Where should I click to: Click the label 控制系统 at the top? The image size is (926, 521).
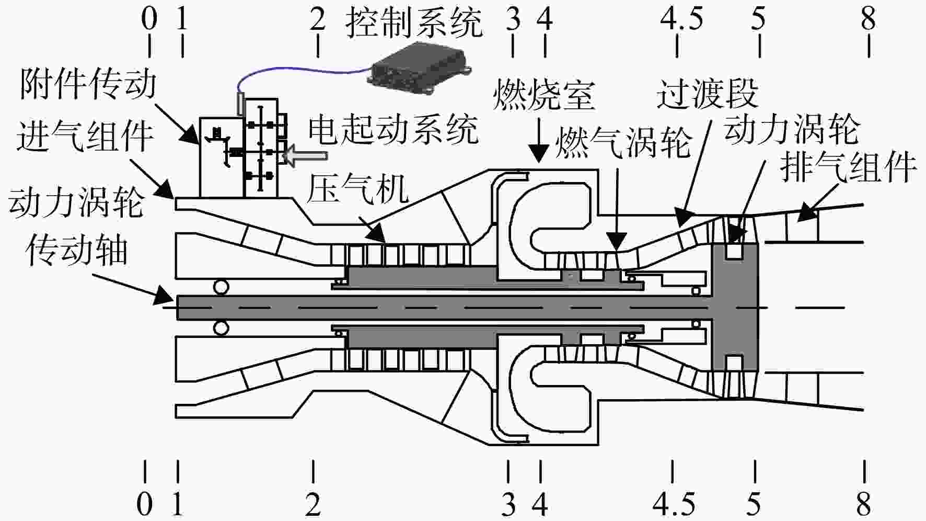(414, 23)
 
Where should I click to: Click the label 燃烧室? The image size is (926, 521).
(544, 95)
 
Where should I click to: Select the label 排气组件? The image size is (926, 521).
(848, 167)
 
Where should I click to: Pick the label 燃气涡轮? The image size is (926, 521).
(623, 142)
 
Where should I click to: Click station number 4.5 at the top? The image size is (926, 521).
(681, 20)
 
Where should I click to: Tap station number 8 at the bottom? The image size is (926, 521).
(864, 504)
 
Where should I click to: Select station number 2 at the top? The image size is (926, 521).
(317, 20)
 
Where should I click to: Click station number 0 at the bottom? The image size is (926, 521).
(145, 504)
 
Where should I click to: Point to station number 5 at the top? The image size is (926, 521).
(758, 20)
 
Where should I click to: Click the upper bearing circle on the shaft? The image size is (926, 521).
(221, 287)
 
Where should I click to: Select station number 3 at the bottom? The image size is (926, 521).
(508, 504)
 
